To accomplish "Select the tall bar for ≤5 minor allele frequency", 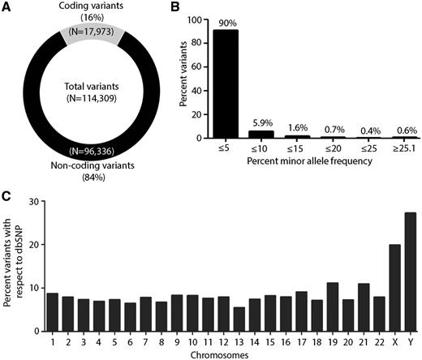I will coord(225,106).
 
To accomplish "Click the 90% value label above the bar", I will coord(225,67).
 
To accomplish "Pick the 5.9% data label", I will coord(259,123).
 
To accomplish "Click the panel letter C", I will coord(6,196).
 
